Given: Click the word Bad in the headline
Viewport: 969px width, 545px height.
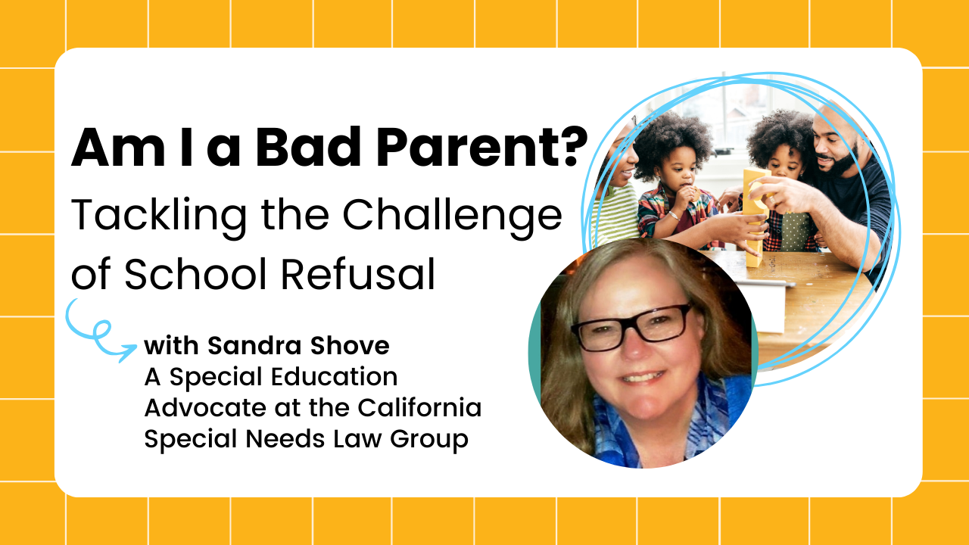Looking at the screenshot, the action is [x=307, y=147].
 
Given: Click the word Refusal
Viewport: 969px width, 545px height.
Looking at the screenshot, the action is [x=358, y=274].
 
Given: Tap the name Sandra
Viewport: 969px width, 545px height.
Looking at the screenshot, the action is [x=254, y=346].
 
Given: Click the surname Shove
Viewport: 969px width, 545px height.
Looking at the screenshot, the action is [x=350, y=346].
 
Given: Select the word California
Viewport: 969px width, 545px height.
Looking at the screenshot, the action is [x=419, y=407].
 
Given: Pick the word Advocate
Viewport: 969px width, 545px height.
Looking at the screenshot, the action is [x=205, y=407].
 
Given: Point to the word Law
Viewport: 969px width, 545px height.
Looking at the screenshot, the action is [x=357, y=438].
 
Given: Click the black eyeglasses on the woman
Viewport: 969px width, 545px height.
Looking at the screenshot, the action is [x=631, y=327].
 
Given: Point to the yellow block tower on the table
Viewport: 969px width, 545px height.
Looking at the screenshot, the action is [x=754, y=217].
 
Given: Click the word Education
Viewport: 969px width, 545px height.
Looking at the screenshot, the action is [x=335, y=376].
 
